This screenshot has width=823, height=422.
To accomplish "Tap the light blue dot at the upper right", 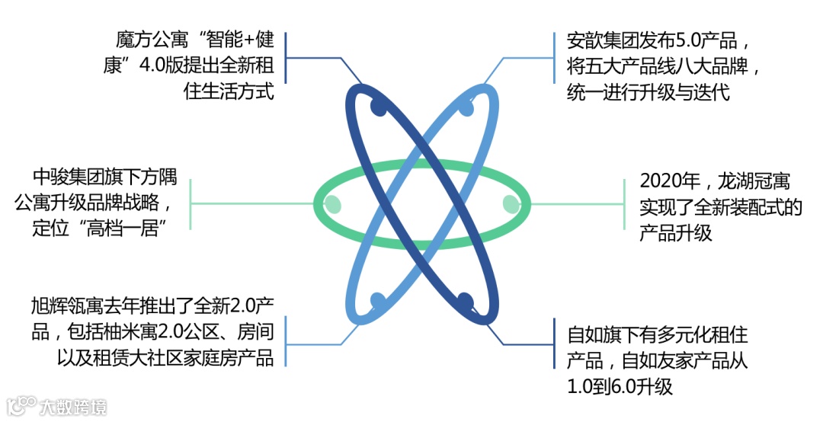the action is pos(466,107).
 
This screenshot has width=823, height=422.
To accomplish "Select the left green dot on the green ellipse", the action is pos(332,203).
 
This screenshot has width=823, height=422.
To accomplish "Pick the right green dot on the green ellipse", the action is pos(511,203).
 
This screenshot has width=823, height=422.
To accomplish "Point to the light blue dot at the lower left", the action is pos(378,300).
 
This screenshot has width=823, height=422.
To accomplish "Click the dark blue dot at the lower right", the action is pos(466,300).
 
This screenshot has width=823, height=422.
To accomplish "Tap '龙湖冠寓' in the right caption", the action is pos(751,183).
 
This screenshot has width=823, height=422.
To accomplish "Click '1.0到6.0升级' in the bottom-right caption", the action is pos(620,386).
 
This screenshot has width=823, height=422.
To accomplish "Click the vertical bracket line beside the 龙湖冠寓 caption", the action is pos(624,203).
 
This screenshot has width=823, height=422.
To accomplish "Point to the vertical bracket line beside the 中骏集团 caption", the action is pos(191,203).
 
